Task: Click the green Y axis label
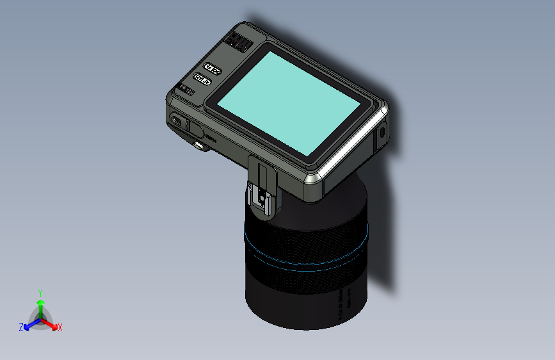point(40,292)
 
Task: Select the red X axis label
point(60,327)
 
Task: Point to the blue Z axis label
point(21,327)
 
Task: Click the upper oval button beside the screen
point(212,68)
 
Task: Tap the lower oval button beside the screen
point(202,79)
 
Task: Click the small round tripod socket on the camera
point(200,146)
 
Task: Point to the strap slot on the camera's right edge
point(382,133)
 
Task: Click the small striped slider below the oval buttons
point(187,91)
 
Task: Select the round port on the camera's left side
point(177,121)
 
